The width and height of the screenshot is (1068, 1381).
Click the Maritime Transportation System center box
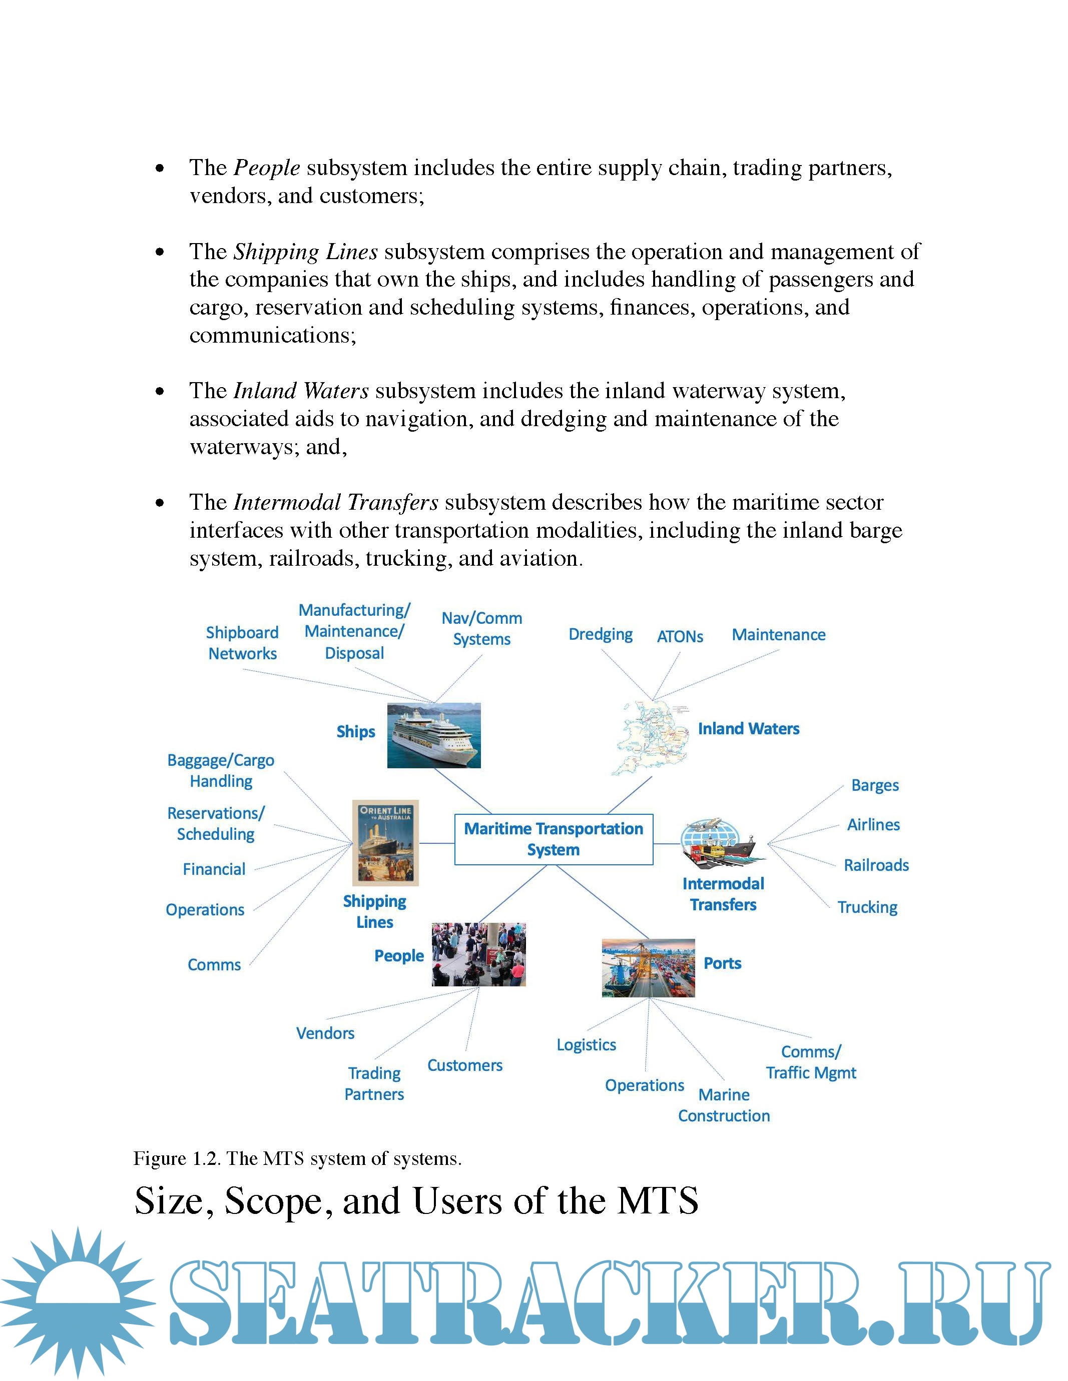tap(554, 839)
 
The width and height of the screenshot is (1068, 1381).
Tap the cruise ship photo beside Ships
tap(434, 735)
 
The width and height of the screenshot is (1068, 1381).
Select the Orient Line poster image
tap(385, 842)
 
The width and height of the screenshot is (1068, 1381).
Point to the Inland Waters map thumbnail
tap(652, 737)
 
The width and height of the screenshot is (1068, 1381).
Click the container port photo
tap(648, 967)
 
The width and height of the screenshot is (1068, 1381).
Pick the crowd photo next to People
tap(479, 954)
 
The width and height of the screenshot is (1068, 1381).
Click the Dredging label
tap(601, 634)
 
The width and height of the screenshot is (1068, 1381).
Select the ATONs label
tap(680, 637)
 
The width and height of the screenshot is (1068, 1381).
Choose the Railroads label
tap(876, 865)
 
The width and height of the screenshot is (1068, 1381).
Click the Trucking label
tap(867, 907)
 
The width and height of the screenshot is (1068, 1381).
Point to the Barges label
tap(875, 785)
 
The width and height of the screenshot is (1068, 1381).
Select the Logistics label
tap(587, 1044)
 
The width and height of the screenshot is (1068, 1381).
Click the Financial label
tap(214, 869)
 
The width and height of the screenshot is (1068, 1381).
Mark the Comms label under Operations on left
tap(214, 965)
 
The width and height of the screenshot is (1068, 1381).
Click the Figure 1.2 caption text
tap(297, 1158)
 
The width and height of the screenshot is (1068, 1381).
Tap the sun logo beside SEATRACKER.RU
tap(77, 1302)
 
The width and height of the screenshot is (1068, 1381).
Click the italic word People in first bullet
tap(266, 168)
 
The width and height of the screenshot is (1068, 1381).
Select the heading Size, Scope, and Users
tap(416, 1200)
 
